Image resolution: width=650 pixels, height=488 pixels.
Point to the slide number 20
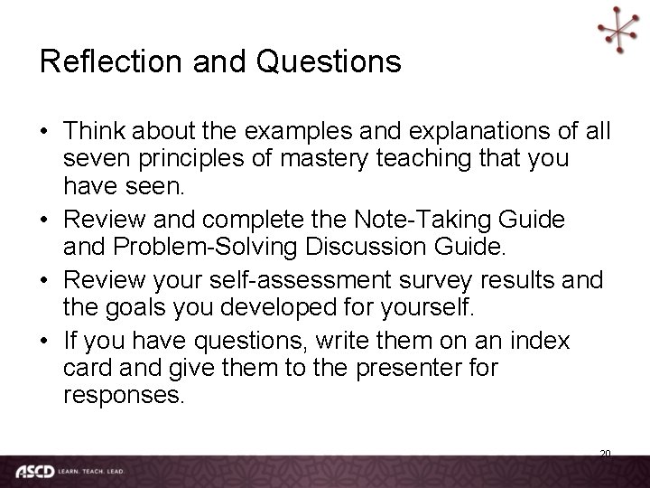[605, 454]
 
